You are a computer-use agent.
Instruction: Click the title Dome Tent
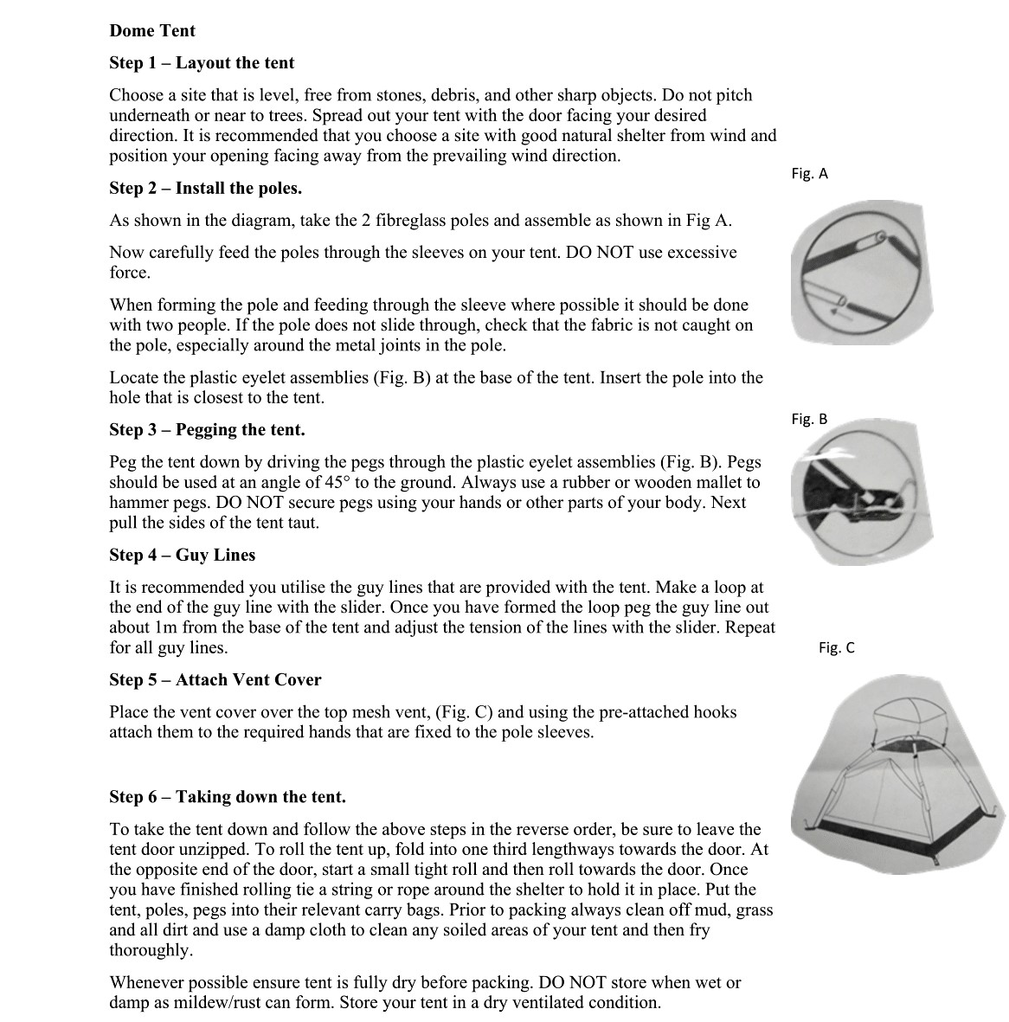coord(152,31)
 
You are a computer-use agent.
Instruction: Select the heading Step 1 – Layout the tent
coord(202,63)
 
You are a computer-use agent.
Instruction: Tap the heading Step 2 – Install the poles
coord(205,189)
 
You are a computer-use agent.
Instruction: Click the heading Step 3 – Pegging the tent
coord(207,430)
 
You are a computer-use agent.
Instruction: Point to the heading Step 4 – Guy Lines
coord(182,556)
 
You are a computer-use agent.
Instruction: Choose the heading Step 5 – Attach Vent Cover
coord(215,680)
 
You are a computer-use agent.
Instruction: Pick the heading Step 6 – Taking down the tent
coord(227,797)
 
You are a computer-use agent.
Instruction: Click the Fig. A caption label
coord(809,174)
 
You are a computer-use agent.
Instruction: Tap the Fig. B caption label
coord(809,420)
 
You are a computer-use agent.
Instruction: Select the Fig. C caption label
coord(836,648)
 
